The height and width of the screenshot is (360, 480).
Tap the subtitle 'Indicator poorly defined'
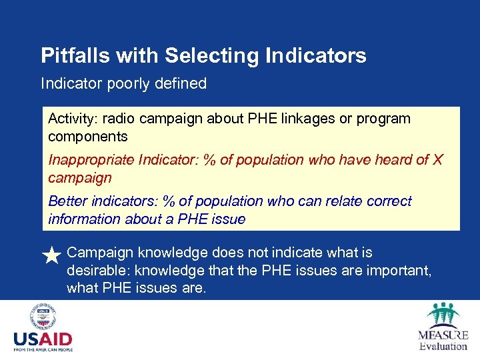(x=123, y=84)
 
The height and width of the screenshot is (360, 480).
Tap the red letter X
(x=437, y=160)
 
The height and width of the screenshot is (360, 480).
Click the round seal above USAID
(x=43, y=317)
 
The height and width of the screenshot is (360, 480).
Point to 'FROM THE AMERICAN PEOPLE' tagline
(x=43, y=349)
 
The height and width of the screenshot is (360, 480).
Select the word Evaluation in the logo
(x=443, y=346)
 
